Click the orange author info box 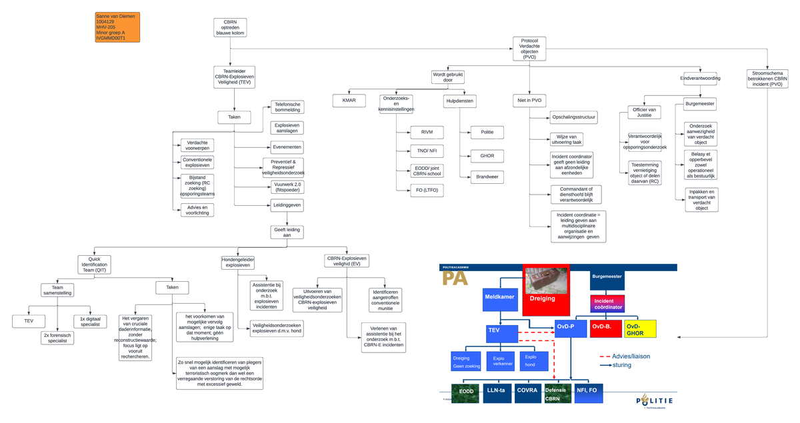pyautogui.click(x=117, y=27)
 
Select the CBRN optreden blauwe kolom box pyautogui.click(x=230, y=27)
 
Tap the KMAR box pyautogui.click(x=349, y=101)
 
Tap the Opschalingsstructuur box pyautogui.click(x=573, y=118)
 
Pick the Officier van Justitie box pyautogui.click(x=644, y=112)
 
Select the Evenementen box pyautogui.click(x=287, y=147)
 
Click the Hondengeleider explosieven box pyautogui.click(x=238, y=262)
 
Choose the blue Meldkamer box pyautogui.click(x=500, y=296)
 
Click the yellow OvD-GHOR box pyautogui.click(x=639, y=329)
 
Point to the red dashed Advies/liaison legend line pyautogui.click(x=606, y=356)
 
